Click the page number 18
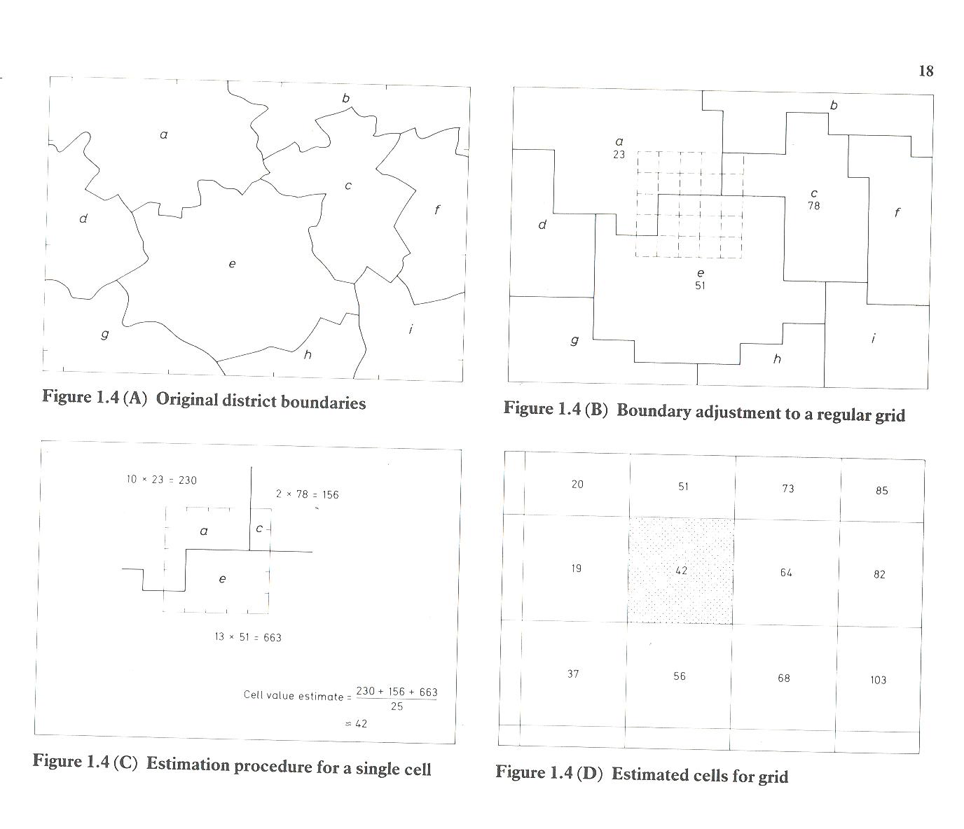925,71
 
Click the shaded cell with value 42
681,571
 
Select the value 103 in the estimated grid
878,680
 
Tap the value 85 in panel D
881,491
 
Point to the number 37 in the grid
573,674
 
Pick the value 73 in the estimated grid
787,488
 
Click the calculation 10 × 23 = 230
161,480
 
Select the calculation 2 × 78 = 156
308,494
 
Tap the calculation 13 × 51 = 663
248,637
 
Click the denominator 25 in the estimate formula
397,706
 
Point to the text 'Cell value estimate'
294,696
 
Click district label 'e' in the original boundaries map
232,264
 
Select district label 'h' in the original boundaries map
308,354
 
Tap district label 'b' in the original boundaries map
345,98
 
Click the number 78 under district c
814,206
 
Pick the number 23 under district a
619,154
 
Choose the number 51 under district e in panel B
700,286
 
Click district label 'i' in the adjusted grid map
873,338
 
